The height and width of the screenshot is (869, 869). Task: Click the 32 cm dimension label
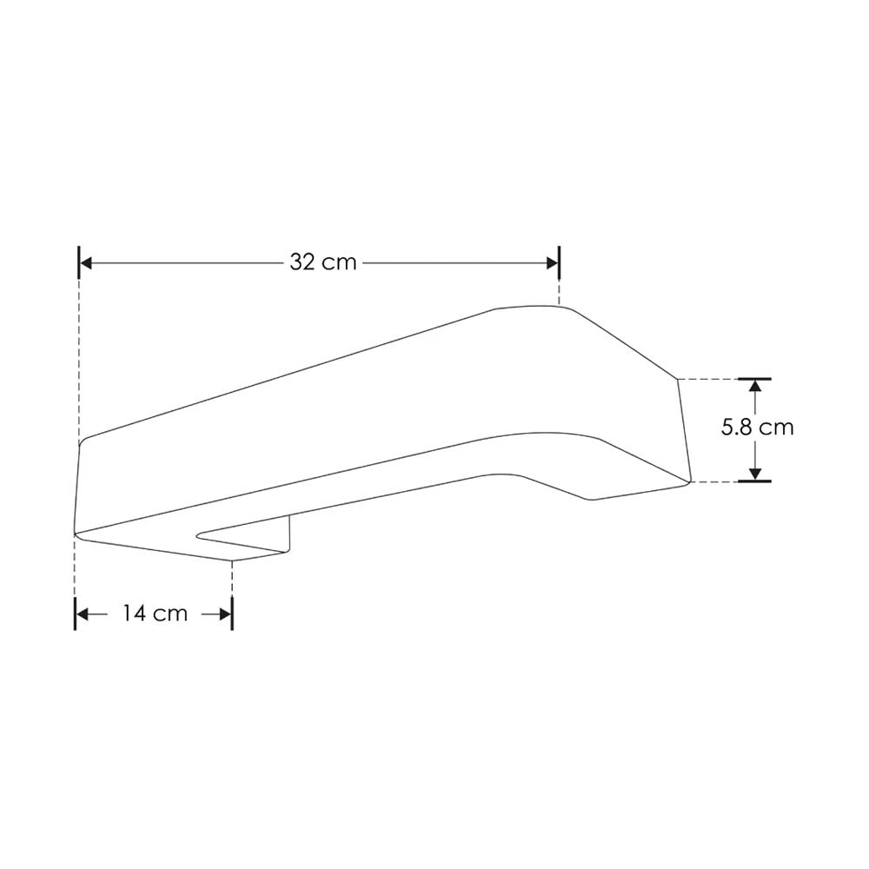323,262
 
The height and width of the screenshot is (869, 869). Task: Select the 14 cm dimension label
155,614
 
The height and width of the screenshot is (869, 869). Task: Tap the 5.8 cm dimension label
758,428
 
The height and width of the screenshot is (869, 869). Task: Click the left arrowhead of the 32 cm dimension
86,262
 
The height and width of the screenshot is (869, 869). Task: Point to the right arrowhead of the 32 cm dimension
552,262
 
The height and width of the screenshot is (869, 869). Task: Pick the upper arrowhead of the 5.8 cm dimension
756,385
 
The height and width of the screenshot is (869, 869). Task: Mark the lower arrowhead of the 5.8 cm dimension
756,474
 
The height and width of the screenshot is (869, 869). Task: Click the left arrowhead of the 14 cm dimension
83,614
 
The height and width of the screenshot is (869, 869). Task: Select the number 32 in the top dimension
302,262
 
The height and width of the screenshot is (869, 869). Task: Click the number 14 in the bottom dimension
133,614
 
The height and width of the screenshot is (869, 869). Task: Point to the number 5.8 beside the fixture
738,428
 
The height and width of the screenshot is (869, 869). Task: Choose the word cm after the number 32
340,262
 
